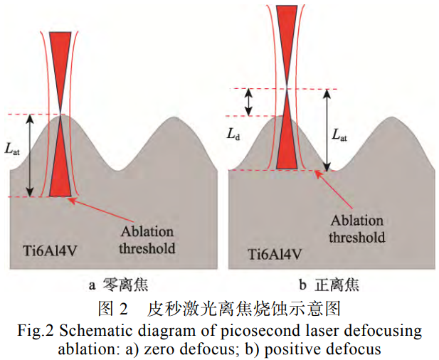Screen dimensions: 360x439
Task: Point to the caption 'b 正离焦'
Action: pos(329,285)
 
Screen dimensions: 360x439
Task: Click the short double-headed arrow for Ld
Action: pos(248,102)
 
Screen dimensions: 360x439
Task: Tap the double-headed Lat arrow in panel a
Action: pos(30,155)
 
